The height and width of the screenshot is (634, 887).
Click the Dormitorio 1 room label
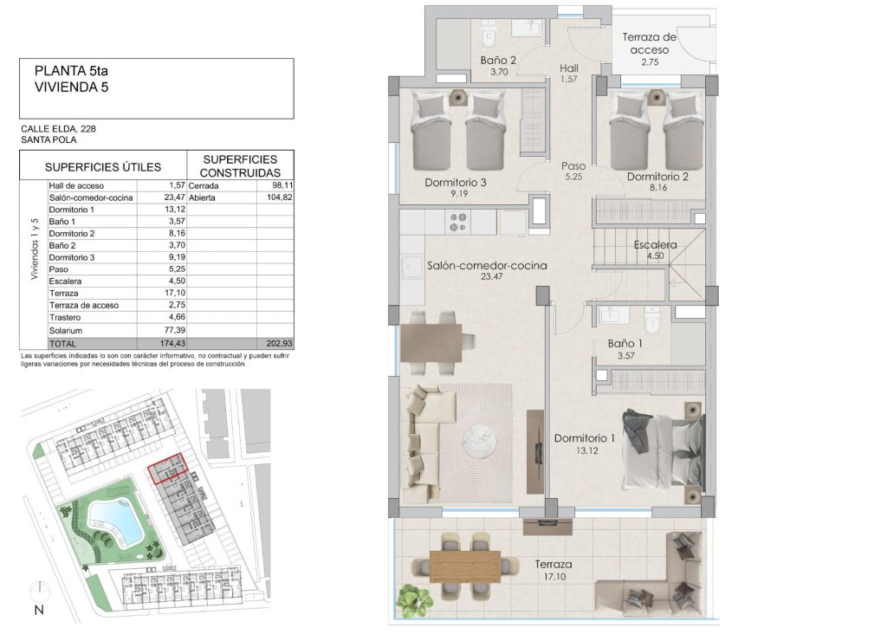(584, 437)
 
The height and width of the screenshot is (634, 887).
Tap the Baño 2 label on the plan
(498, 61)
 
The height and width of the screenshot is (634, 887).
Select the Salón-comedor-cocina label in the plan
(487, 266)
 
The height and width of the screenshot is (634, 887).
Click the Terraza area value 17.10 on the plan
(552, 576)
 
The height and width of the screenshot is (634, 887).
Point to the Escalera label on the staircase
(655, 244)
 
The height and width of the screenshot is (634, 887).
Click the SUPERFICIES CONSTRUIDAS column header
(239, 166)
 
